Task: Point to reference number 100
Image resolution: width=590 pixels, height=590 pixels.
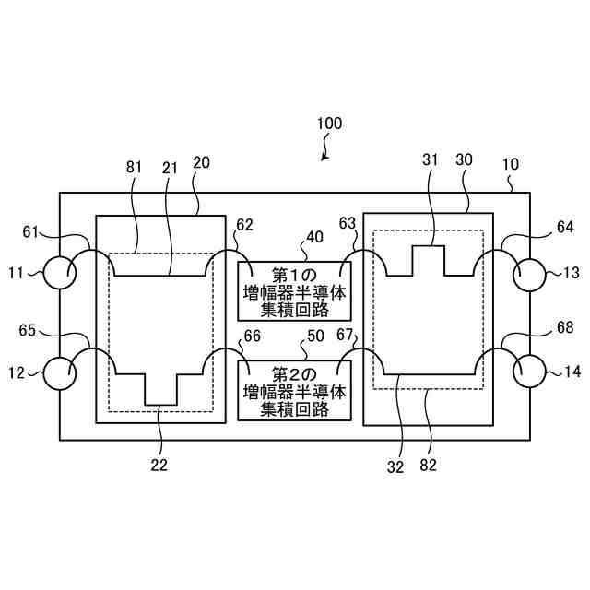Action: click(329, 124)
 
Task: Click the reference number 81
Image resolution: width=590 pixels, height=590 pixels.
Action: click(133, 167)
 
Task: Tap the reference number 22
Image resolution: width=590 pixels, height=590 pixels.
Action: click(159, 466)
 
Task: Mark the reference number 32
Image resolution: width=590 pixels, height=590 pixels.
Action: click(395, 466)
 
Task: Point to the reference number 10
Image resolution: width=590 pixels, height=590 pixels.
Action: click(510, 165)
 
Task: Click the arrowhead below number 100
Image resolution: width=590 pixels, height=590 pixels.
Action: click(324, 158)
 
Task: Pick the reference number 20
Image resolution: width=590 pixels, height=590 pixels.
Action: click(201, 163)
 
